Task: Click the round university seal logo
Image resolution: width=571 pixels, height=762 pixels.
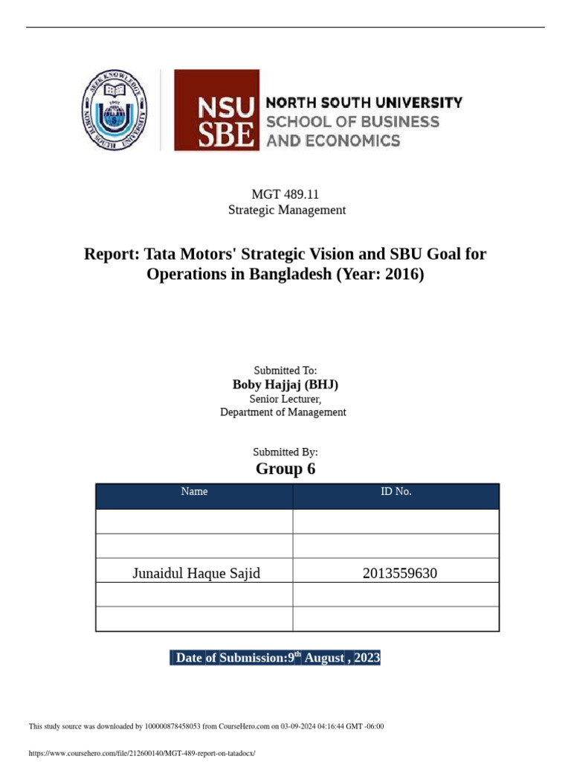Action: point(113,111)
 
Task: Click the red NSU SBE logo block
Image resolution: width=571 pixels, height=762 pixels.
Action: point(216,110)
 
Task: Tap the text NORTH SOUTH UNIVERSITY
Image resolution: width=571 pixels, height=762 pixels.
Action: point(364,103)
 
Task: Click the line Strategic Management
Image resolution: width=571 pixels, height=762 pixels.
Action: point(286,210)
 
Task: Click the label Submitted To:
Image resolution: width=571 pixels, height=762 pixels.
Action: point(285,370)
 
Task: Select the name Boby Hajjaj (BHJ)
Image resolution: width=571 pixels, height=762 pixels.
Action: point(285,384)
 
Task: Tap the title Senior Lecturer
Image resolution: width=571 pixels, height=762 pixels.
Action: point(285,398)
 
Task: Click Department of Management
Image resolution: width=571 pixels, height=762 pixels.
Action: point(283,412)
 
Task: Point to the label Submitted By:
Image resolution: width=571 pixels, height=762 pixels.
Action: point(285,452)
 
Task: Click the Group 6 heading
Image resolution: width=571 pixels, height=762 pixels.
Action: point(285,469)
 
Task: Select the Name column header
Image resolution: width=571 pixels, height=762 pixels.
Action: point(194,492)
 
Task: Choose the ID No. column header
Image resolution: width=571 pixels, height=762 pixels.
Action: point(396,492)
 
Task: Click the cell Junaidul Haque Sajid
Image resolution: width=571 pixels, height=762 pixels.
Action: point(196,573)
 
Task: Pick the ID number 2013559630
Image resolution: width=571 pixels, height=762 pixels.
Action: point(400,573)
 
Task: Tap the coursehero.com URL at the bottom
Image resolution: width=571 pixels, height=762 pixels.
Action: point(141,753)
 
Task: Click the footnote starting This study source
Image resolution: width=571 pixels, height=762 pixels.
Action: point(206,726)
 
